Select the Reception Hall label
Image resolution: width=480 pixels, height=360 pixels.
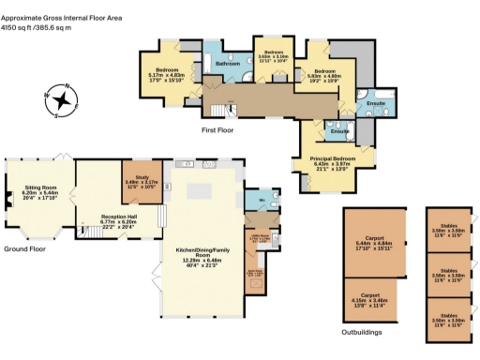[119, 221]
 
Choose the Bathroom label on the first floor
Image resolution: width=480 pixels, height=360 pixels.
[228, 64]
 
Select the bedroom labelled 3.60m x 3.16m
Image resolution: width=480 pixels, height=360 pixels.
[273, 55]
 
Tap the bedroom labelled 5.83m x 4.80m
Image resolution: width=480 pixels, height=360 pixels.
[325, 75]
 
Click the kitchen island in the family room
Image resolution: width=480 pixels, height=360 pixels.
[201, 191]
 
